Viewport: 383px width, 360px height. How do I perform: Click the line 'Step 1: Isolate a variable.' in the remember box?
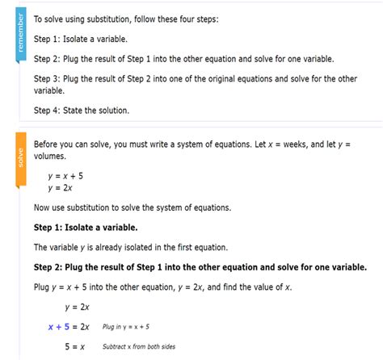click(x=80, y=39)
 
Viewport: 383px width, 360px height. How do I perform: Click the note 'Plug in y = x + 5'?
click(x=125, y=327)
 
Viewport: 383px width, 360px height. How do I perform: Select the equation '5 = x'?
click(x=75, y=346)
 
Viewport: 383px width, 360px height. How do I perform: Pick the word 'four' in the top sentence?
click(x=196, y=19)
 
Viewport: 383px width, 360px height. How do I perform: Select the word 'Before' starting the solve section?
click(x=48, y=144)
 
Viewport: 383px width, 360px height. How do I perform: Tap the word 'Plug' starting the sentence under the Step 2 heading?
click(x=42, y=287)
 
